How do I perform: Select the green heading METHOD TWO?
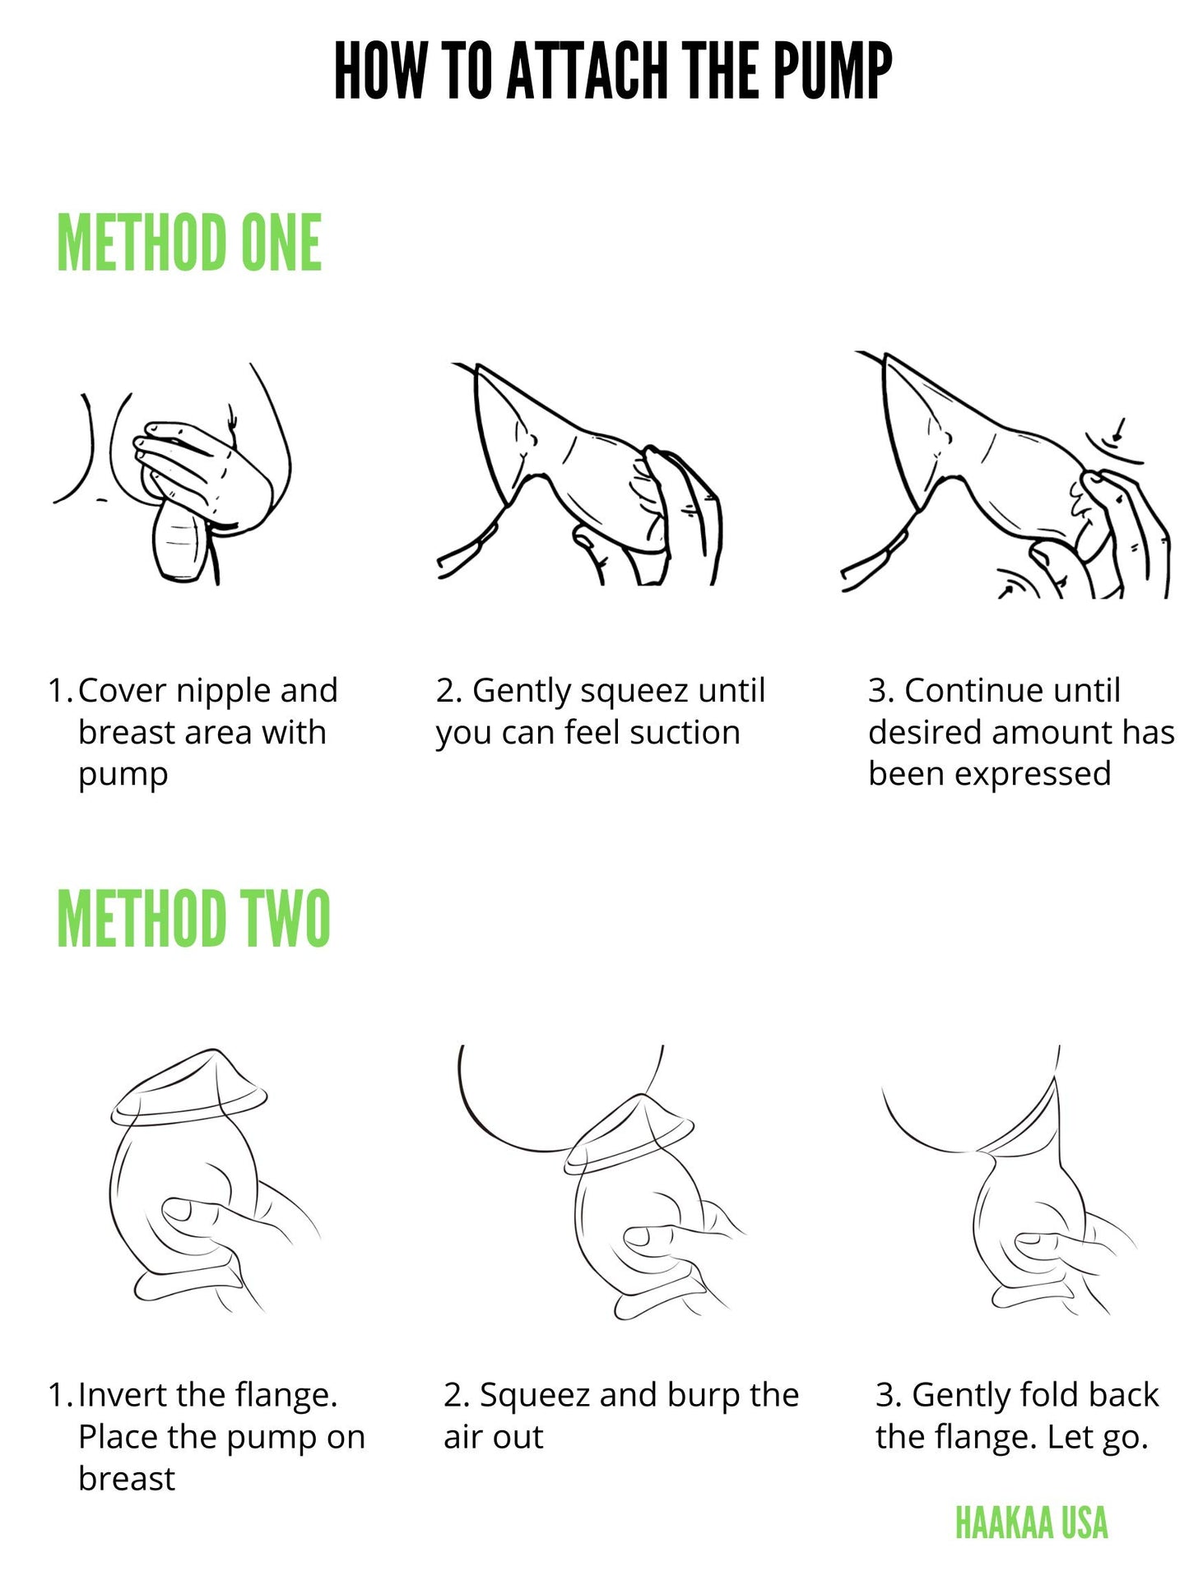tap(193, 918)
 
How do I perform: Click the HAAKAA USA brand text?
tap(1031, 1522)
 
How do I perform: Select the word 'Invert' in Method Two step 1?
tap(123, 1395)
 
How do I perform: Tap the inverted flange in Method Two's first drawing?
tap(188, 1087)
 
